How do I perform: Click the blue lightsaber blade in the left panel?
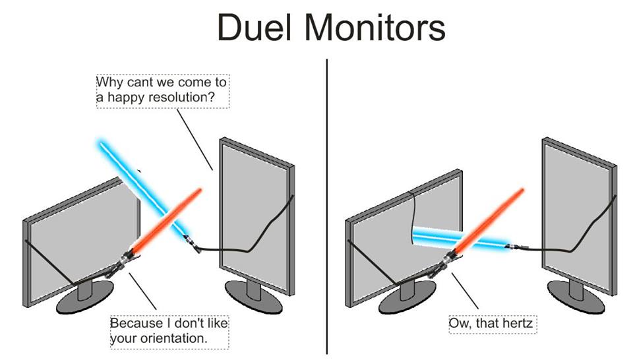click(142, 188)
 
